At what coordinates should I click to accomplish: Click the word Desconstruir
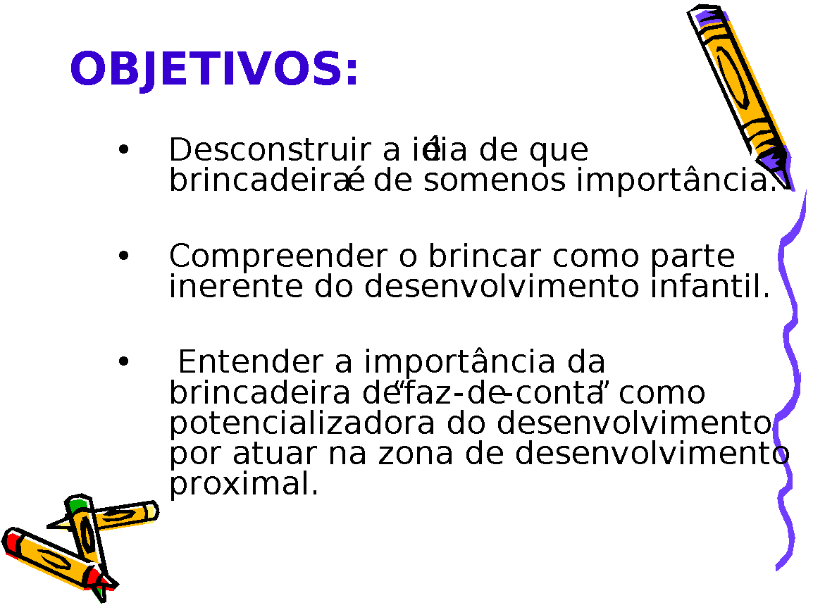click(x=270, y=150)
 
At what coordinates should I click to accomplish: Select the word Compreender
click(x=278, y=256)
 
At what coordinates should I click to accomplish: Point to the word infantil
click(x=710, y=286)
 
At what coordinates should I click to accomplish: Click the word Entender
click(x=250, y=362)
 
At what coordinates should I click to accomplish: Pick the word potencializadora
click(x=302, y=423)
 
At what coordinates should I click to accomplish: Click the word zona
click(x=416, y=454)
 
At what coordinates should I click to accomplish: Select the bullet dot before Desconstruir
click(x=123, y=150)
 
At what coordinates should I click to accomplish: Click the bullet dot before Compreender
click(x=123, y=256)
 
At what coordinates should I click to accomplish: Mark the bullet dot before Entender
click(x=123, y=361)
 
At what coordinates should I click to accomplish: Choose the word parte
click(x=693, y=256)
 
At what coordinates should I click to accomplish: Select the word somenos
click(x=495, y=181)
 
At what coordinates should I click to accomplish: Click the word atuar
click(x=274, y=454)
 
